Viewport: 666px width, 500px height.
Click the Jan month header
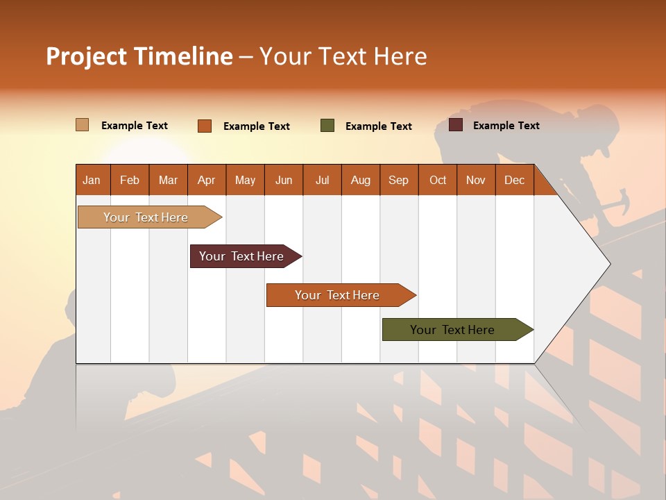(x=92, y=181)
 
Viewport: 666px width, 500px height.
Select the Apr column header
(x=206, y=181)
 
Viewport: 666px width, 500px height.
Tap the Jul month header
(x=322, y=181)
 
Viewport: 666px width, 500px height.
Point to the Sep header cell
(x=398, y=181)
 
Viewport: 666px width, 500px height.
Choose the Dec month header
(x=514, y=181)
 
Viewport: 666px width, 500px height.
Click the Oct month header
(x=438, y=181)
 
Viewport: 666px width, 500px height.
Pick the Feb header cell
(x=130, y=181)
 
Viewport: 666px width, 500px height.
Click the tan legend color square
(x=82, y=125)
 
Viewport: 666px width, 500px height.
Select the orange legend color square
(x=205, y=126)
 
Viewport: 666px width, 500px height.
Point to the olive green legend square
(x=327, y=126)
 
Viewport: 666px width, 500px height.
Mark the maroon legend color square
(x=456, y=125)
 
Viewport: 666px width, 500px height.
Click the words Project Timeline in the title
(x=139, y=56)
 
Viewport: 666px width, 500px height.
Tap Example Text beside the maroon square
(x=506, y=126)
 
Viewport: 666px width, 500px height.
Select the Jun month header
(x=284, y=181)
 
